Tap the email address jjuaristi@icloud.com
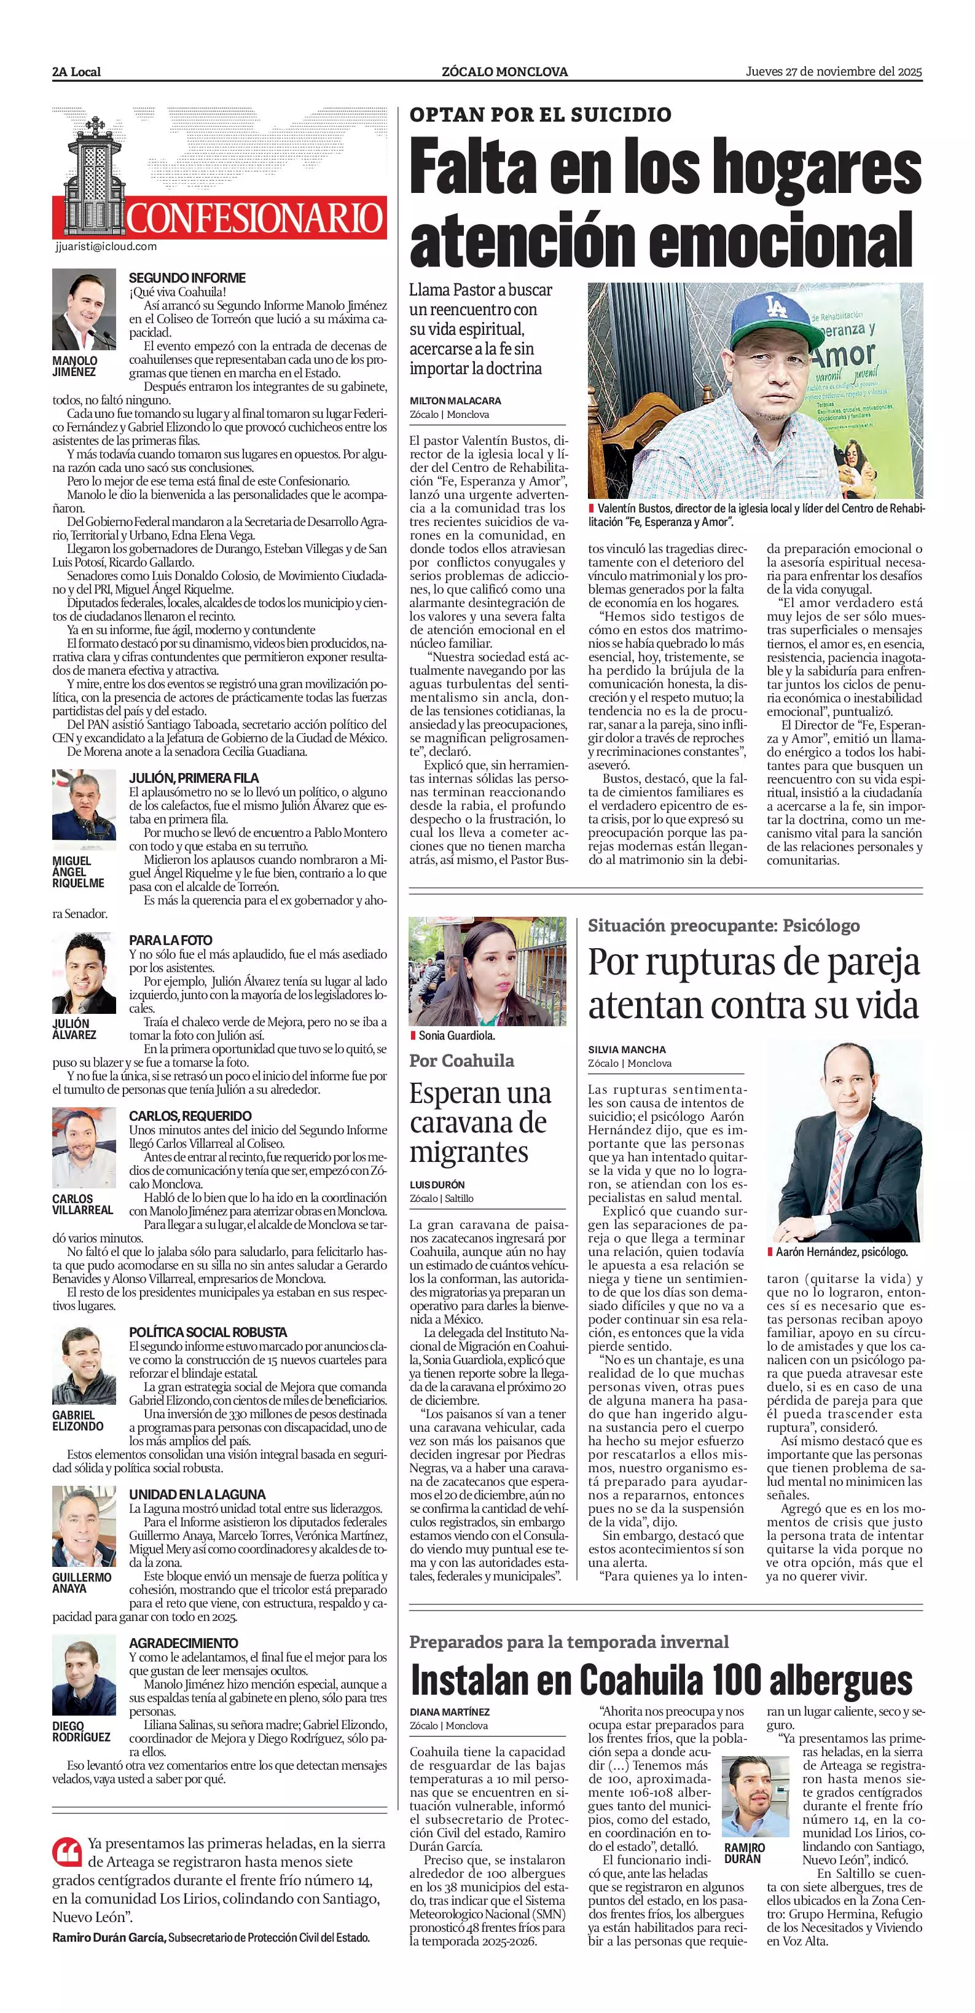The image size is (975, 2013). (106, 246)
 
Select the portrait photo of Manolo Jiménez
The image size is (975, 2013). (84, 310)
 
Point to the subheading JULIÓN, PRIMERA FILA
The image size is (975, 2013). (193, 779)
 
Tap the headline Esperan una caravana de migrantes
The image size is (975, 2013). (480, 1122)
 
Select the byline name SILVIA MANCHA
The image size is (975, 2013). (627, 1050)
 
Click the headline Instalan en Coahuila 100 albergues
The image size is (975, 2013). (661, 1679)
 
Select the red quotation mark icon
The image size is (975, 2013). (67, 1851)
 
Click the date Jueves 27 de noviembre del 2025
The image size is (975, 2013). (834, 72)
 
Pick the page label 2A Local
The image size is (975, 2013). (77, 72)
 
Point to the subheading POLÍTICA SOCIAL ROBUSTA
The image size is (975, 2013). (208, 1332)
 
